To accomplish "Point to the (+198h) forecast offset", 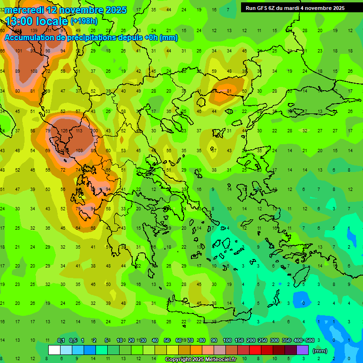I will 85,21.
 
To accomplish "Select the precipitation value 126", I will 64,131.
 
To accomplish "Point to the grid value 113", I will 79,131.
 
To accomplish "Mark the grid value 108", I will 34,71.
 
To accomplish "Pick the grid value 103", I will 79,150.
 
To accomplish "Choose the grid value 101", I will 18,51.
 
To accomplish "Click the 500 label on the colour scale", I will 310,340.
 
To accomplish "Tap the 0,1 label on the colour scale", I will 61,340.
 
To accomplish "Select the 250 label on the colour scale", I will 262,340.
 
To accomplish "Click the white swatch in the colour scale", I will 54,350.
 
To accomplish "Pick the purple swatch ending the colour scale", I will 302,350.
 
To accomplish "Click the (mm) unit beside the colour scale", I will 320,351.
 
